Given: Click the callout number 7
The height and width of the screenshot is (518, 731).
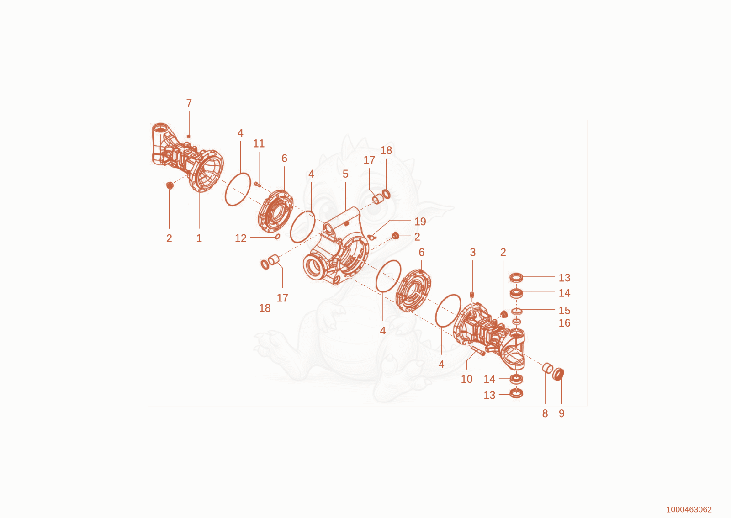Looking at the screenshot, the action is click(x=189, y=103).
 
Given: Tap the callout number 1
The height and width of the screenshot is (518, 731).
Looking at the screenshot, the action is click(x=199, y=238).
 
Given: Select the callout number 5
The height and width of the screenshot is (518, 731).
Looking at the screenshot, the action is click(x=345, y=174).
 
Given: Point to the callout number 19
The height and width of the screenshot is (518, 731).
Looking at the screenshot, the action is click(x=420, y=222).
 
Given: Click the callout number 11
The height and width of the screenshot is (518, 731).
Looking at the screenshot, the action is click(x=259, y=143).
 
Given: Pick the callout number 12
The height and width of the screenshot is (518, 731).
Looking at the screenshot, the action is click(x=241, y=238).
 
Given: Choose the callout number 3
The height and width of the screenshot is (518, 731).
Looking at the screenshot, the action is click(x=472, y=252).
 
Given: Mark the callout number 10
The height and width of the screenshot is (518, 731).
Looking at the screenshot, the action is click(x=466, y=379).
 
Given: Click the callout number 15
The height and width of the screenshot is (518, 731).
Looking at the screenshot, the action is click(x=565, y=310).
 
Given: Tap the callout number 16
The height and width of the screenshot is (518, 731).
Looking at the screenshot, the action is click(x=565, y=323).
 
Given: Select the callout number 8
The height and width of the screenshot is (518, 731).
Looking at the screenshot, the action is click(x=545, y=413).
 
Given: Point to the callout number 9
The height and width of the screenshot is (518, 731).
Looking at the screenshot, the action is click(x=561, y=413).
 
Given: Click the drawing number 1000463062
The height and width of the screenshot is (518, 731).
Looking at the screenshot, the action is click(x=689, y=509).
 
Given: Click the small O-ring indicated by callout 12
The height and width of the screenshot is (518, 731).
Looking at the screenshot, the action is click(x=278, y=237).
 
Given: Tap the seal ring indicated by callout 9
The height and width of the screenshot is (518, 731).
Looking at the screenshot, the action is click(x=559, y=374).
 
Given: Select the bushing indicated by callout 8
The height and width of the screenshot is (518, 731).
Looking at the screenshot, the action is click(x=547, y=368).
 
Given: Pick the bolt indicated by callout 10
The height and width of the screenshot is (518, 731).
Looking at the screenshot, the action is click(x=478, y=351).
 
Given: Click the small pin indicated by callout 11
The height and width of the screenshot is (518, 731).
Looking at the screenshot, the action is click(x=258, y=185).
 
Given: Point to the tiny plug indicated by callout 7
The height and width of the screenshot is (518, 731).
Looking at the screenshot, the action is click(x=188, y=136).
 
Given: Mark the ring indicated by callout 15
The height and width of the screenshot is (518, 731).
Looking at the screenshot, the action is click(x=517, y=311).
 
